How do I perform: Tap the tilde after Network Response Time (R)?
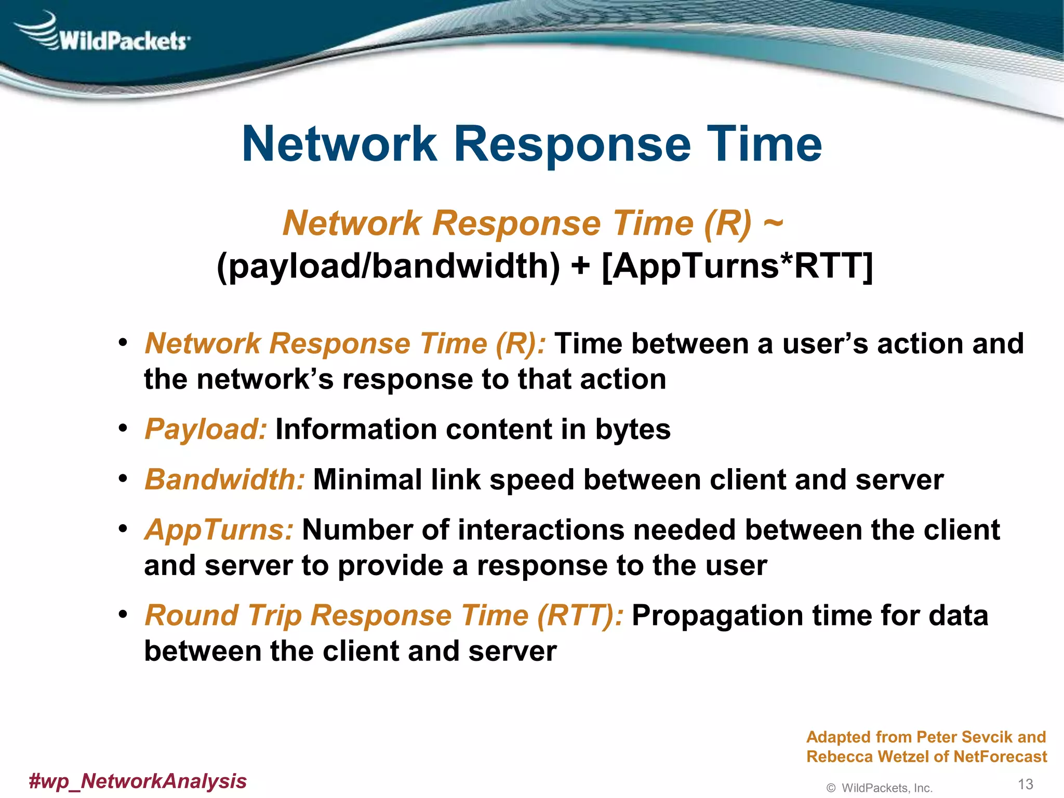coord(773,223)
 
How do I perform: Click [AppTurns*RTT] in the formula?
coord(737,266)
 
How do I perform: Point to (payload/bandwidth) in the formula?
coord(389,266)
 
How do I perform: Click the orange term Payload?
coord(206,429)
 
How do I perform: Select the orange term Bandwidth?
coord(224,479)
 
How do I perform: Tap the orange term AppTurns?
coord(219,530)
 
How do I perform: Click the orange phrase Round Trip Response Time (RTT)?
coord(384,615)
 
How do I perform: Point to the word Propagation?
coord(717,616)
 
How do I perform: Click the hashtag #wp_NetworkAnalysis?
coord(138,781)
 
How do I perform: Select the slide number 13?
coord(1025,784)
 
